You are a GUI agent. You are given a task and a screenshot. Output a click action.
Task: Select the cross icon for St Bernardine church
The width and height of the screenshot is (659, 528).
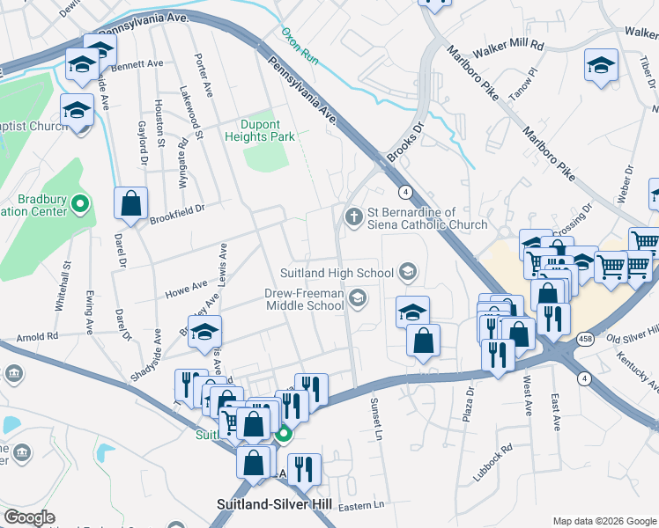click(x=354, y=215)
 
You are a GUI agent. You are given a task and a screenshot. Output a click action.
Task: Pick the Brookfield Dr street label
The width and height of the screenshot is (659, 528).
click(x=176, y=209)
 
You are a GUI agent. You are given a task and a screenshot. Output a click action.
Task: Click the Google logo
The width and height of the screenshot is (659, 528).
click(x=29, y=517)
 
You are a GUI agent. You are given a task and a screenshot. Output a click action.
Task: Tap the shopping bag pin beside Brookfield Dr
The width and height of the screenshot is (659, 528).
click(x=130, y=204)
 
